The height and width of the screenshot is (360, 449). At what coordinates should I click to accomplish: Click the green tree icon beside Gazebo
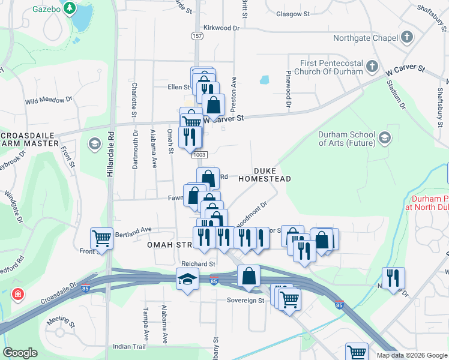[x=70, y=8]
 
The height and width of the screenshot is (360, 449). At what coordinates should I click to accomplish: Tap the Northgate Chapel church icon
[x=407, y=37]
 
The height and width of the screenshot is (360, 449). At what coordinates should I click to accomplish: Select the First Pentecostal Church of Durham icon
[x=372, y=65]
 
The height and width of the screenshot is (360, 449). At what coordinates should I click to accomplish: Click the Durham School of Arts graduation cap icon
[x=384, y=139]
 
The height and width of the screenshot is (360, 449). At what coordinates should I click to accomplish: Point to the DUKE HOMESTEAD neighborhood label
[x=264, y=175]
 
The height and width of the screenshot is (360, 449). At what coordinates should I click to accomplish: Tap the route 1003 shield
[x=200, y=155]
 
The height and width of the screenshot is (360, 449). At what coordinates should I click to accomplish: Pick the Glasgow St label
[x=292, y=13]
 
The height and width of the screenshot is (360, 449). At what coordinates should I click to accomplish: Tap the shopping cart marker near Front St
[x=101, y=238]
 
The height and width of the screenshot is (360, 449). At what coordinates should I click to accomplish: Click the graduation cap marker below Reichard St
[x=187, y=279]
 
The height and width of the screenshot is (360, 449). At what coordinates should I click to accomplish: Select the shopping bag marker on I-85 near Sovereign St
[x=249, y=276]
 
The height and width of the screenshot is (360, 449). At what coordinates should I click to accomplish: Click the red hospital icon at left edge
[x=19, y=294]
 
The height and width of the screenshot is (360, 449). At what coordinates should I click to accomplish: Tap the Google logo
[x=20, y=353]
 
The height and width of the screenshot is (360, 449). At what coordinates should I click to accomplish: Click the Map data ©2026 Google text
[x=412, y=355]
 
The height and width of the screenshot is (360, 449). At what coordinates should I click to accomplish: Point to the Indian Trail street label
[x=130, y=347]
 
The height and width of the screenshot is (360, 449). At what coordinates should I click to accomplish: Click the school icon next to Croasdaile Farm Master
[x=94, y=143]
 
